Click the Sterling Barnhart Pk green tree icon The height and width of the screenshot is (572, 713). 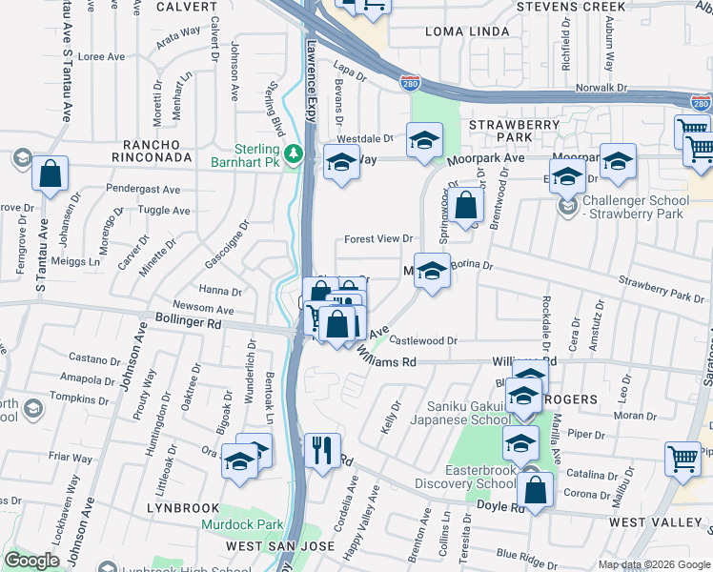295,153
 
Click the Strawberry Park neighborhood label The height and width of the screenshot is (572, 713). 514,131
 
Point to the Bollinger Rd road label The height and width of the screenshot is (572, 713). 188,323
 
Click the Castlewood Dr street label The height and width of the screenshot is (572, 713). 424,340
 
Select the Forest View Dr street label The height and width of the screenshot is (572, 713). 377,239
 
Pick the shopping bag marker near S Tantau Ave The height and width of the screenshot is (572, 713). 50,175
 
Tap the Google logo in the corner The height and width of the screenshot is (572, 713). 31,561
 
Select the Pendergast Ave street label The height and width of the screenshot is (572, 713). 143,190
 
